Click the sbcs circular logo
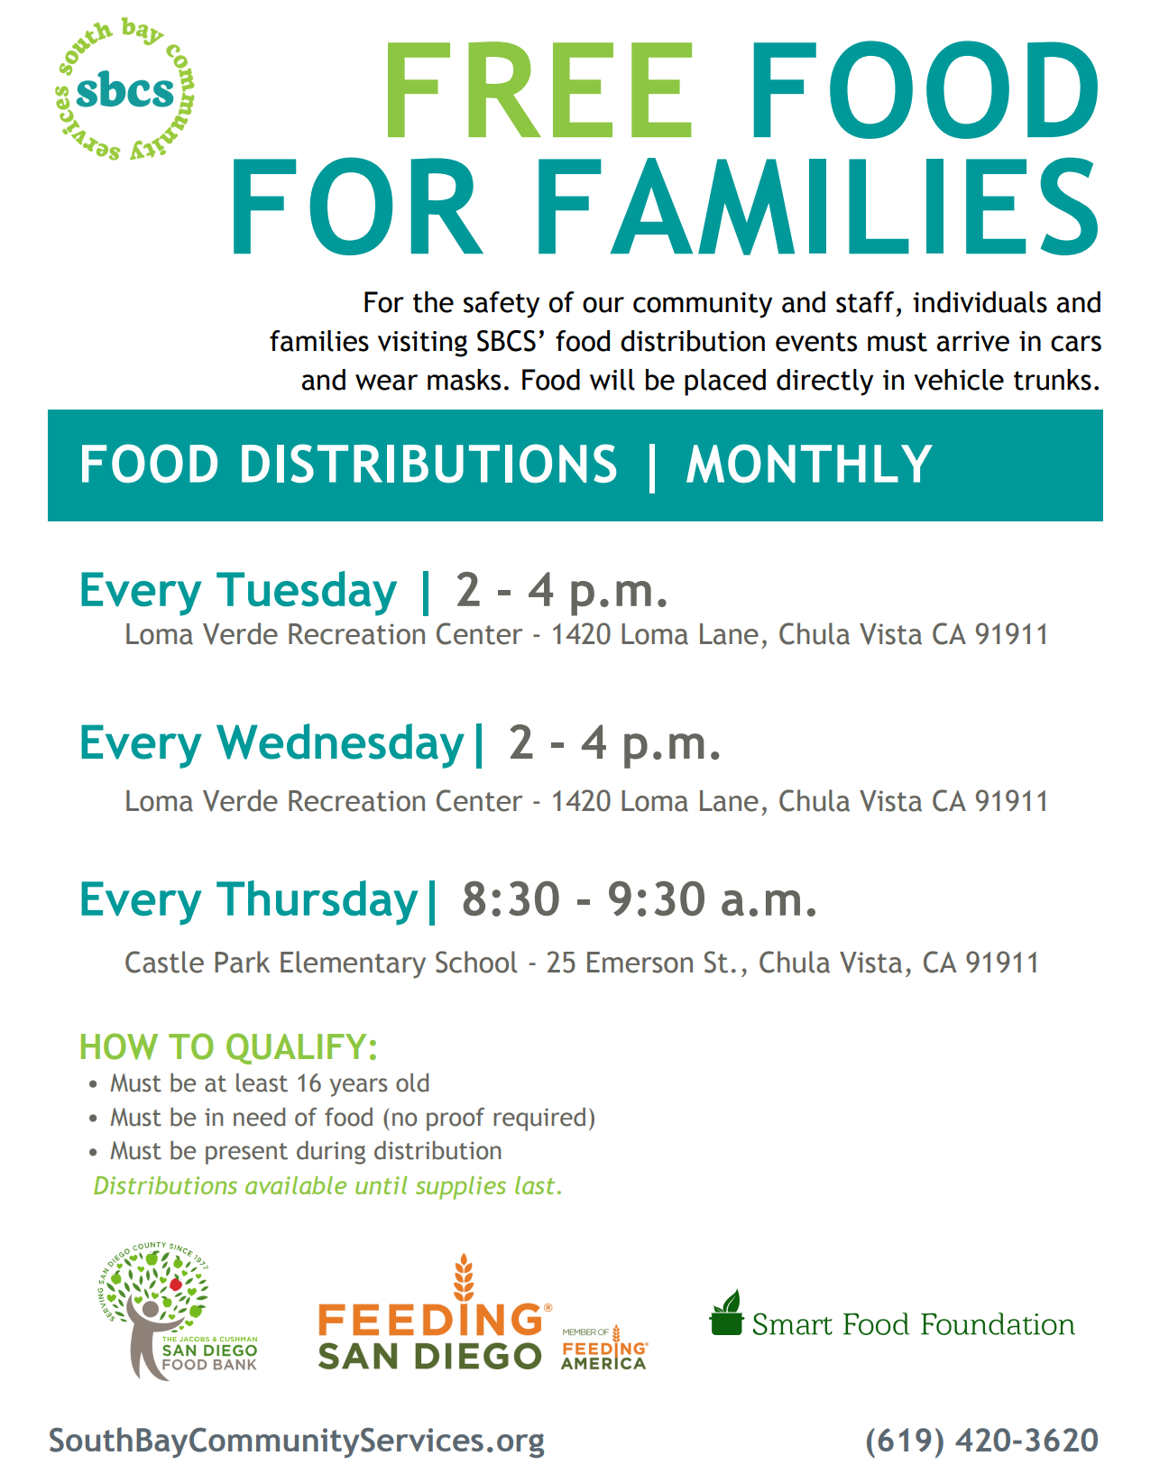click(x=124, y=89)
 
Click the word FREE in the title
click(x=538, y=89)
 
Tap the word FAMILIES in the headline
click(x=816, y=207)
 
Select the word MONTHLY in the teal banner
click(x=808, y=465)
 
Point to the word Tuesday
click(x=307, y=590)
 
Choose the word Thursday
click(x=317, y=899)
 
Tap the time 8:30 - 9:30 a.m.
click(x=640, y=899)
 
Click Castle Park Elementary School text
click(x=321, y=963)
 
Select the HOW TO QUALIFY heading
click(x=228, y=1047)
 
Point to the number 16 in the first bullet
click(x=308, y=1083)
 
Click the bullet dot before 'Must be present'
click(x=93, y=1153)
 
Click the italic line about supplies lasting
click(x=327, y=1186)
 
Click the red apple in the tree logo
click(x=176, y=1284)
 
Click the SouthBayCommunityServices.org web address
click(x=296, y=1442)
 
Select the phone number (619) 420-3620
click(x=981, y=1441)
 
